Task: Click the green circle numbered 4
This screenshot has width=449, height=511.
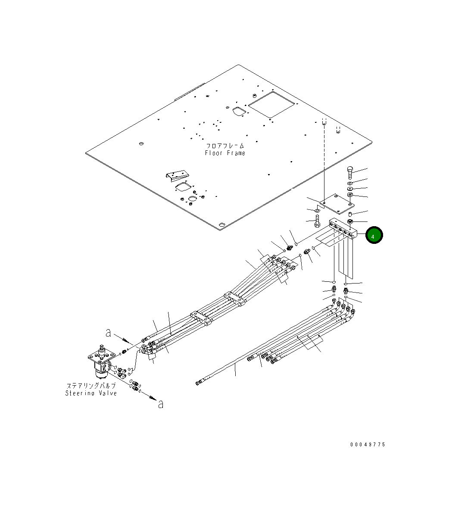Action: [374, 235]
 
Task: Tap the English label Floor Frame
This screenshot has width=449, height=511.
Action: [225, 153]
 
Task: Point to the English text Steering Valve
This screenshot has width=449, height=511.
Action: [91, 393]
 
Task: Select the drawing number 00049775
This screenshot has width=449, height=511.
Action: [368, 445]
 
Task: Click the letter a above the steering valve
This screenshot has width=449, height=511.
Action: [109, 333]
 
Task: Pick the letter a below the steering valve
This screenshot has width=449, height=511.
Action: [161, 404]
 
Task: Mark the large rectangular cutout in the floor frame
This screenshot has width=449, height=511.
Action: [271, 104]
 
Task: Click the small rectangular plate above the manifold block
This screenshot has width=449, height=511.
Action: [337, 203]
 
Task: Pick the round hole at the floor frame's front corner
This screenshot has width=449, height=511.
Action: [221, 225]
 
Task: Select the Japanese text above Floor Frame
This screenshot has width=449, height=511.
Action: [225, 146]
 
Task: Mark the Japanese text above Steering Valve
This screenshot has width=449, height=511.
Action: [91, 386]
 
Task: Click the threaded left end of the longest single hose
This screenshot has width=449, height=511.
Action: [198, 382]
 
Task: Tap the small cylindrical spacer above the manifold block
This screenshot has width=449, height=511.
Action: [350, 213]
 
